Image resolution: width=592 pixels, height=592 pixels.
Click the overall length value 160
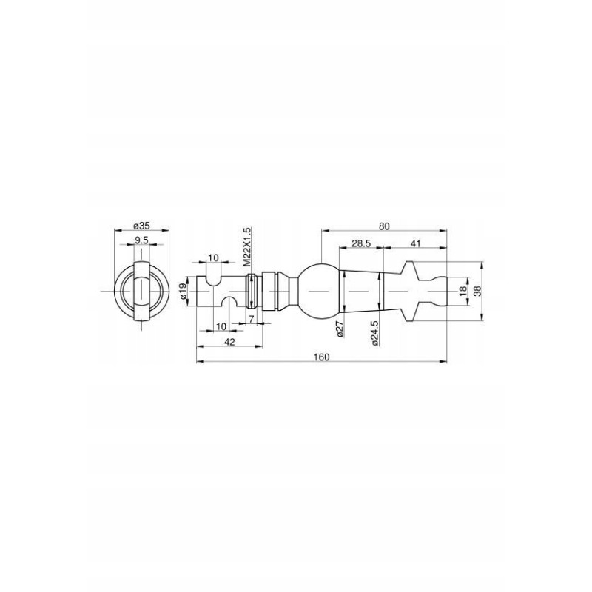321,357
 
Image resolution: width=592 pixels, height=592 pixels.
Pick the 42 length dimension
229,341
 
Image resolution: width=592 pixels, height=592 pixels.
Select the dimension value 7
251,318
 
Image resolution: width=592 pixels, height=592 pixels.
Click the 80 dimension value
384,226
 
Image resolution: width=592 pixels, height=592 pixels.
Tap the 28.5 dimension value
361,243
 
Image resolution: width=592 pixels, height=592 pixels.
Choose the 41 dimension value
415,243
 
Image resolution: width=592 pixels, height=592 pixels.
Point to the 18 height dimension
463,291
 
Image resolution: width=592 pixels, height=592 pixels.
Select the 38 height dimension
477,291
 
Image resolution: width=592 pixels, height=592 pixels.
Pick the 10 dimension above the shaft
213,257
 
